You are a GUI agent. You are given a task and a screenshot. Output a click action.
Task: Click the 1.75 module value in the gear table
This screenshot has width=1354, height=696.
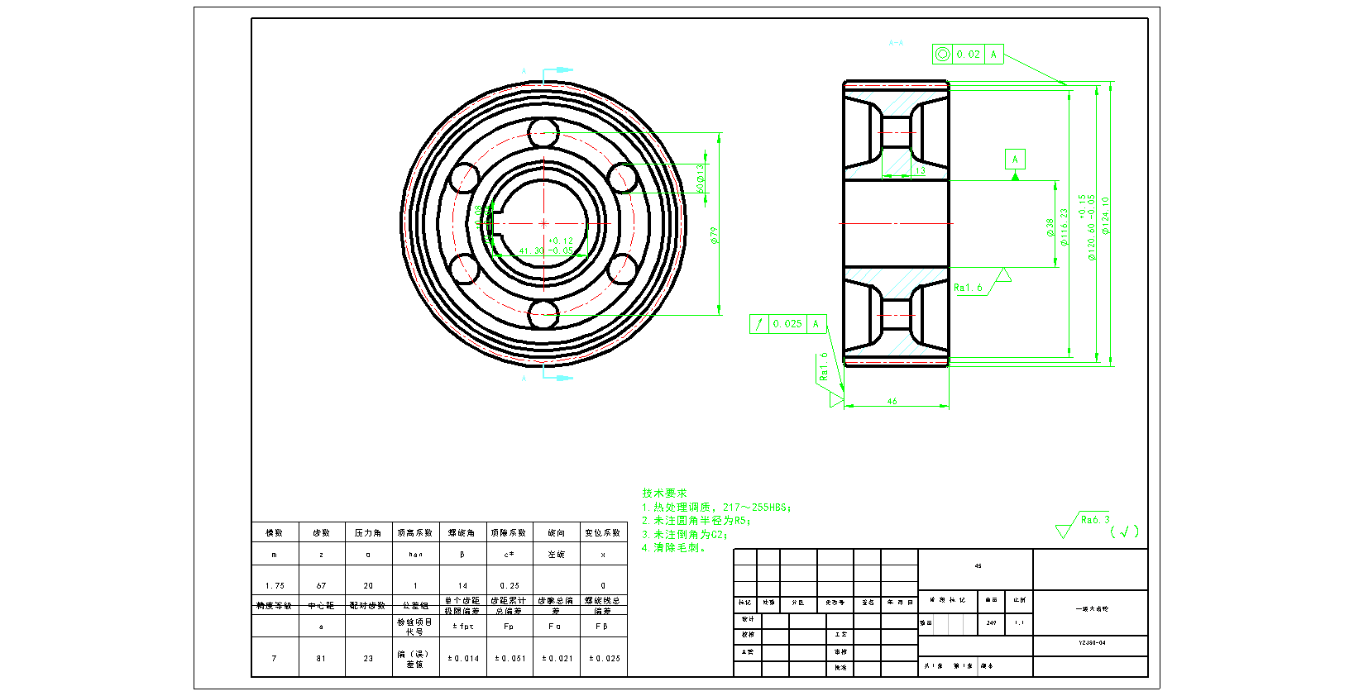point(275,585)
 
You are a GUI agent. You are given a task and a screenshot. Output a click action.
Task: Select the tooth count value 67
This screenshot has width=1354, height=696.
point(321,585)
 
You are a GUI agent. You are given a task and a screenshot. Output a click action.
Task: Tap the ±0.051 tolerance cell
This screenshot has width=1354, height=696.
point(510,659)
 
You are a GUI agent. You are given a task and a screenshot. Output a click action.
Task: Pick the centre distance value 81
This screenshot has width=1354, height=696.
point(321,659)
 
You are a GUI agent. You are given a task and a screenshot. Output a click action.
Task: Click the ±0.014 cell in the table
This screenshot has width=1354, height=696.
point(463,659)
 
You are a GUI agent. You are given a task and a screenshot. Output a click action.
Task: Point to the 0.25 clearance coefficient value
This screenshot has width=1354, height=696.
point(510,585)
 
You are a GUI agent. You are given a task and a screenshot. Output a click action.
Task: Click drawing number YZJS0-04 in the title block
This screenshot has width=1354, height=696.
point(1092,642)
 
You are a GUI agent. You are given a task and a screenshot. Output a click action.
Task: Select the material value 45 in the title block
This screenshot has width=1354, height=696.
point(978,566)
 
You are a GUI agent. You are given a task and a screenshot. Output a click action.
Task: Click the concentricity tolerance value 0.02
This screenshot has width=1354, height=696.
point(968,55)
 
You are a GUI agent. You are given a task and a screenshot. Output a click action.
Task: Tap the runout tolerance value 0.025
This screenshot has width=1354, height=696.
point(787,324)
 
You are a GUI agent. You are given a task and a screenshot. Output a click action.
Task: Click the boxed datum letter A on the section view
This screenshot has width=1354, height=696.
point(1015,159)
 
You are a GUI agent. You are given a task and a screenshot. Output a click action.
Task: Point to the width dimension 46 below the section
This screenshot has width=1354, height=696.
point(892,402)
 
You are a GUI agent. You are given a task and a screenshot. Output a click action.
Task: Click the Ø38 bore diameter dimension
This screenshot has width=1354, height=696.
point(1050,227)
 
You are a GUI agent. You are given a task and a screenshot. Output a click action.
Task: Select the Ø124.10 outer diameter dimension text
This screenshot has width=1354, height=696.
point(1106,215)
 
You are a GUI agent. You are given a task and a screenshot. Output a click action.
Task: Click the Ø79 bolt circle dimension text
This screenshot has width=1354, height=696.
point(714,235)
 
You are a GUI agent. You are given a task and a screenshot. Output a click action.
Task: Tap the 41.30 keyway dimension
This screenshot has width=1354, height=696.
point(531,250)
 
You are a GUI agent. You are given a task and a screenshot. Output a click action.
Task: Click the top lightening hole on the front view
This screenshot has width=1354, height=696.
point(543,131)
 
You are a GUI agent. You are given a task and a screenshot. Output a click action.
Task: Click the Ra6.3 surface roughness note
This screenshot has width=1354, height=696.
point(1094,520)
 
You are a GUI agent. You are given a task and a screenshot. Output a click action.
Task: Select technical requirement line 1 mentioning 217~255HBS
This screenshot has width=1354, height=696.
point(716,507)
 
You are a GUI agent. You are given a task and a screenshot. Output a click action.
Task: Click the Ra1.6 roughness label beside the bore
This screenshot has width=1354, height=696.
point(968,288)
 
